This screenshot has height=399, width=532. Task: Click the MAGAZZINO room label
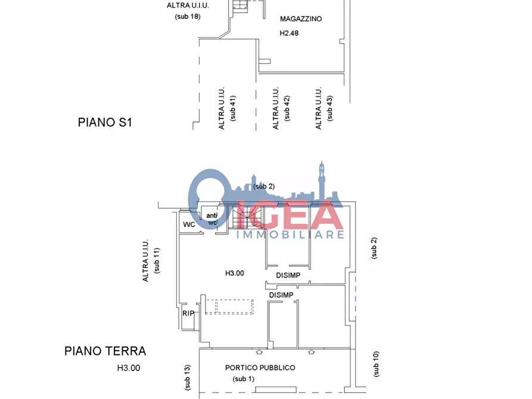tap(301, 19)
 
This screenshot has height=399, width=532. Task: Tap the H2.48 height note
tap(289, 33)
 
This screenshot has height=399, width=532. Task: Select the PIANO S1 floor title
tap(105, 123)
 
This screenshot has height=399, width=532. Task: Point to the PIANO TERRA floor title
tap(105, 351)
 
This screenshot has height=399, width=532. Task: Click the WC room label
tap(189, 225)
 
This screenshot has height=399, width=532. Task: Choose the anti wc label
tap(211, 219)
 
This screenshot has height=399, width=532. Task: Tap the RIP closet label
tap(188, 313)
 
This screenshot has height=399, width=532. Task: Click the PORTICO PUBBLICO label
tap(260, 368)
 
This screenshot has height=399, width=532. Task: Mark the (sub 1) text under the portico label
tap(244, 379)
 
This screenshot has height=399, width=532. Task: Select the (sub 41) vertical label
tap(233, 108)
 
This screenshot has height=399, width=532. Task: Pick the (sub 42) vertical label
tap(287, 108)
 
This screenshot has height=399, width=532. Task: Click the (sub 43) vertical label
tap(330, 108)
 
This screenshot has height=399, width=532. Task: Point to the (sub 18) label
tap(188, 17)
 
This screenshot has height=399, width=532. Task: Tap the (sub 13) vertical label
tap(187, 378)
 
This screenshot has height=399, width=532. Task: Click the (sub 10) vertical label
tap(376, 364)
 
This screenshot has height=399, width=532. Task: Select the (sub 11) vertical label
tap(157, 261)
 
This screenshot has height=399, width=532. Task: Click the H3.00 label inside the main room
tap(235, 273)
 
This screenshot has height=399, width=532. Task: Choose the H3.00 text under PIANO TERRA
tap(129, 368)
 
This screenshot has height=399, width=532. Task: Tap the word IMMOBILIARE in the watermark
tap(291, 235)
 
